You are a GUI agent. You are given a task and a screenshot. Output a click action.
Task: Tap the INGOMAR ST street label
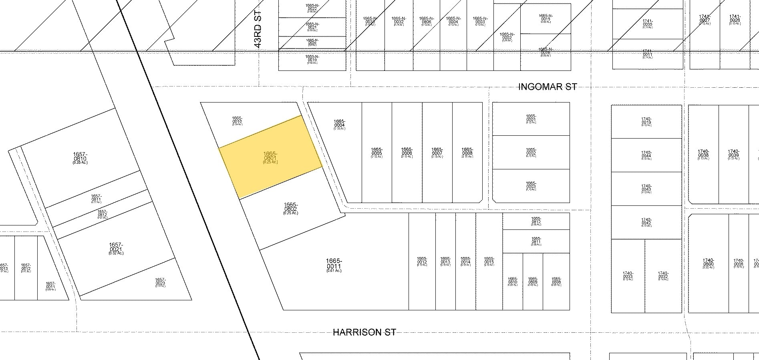(x=548, y=87)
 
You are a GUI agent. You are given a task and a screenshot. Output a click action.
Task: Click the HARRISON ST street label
(x=364, y=332)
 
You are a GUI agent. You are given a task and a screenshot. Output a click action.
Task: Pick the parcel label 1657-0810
(x=80, y=157)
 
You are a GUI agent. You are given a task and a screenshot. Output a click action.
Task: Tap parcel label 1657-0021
(x=116, y=247)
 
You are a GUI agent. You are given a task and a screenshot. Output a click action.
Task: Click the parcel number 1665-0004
(x=339, y=123)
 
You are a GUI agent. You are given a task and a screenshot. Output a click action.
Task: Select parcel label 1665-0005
(x=376, y=151)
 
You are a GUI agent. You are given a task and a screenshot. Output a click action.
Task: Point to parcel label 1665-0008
(x=467, y=151)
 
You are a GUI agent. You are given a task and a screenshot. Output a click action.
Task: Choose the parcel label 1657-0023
(x=160, y=282)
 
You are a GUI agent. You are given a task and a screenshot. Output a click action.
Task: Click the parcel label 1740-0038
(x=703, y=153)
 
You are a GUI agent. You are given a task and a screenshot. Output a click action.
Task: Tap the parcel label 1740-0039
(x=733, y=153)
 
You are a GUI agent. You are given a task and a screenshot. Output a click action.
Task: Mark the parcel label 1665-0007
(x=437, y=151)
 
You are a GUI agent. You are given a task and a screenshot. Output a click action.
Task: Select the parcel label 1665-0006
(x=407, y=151)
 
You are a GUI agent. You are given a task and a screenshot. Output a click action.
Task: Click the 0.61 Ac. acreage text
(x=334, y=271)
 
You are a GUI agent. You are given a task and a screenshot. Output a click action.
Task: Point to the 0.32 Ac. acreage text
(x=116, y=253)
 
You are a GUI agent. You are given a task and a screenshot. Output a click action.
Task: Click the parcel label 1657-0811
(x=96, y=198)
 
